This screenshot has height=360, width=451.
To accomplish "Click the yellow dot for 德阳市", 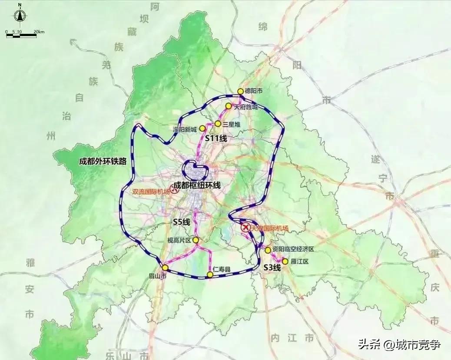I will click(x=240, y=91).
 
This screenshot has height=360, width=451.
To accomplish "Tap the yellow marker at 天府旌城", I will click(x=228, y=106).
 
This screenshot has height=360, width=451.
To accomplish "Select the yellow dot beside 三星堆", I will click(x=218, y=124).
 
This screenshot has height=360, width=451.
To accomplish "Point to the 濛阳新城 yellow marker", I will click(x=202, y=129).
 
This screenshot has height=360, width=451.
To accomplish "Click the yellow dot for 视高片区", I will click(x=196, y=240).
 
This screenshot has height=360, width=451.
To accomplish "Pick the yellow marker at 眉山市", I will click(x=165, y=268).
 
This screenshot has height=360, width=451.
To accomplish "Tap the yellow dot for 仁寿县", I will click(x=210, y=274).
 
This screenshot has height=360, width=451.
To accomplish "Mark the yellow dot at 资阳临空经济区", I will click(x=268, y=250).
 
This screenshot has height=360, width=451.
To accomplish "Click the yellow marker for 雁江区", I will click(x=285, y=261).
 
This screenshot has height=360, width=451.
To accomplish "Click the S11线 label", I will click(x=216, y=139).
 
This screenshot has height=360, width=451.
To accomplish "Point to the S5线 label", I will click(x=182, y=222).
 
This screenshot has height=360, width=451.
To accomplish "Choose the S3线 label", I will click(x=272, y=268).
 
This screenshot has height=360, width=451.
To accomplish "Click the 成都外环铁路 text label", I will click(x=103, y=161).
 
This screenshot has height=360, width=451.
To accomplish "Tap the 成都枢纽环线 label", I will click(x=197, y=185).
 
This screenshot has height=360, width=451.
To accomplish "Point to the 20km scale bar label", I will click(x=39, y=32).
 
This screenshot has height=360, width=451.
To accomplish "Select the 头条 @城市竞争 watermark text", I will click(x=399, y=345).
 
